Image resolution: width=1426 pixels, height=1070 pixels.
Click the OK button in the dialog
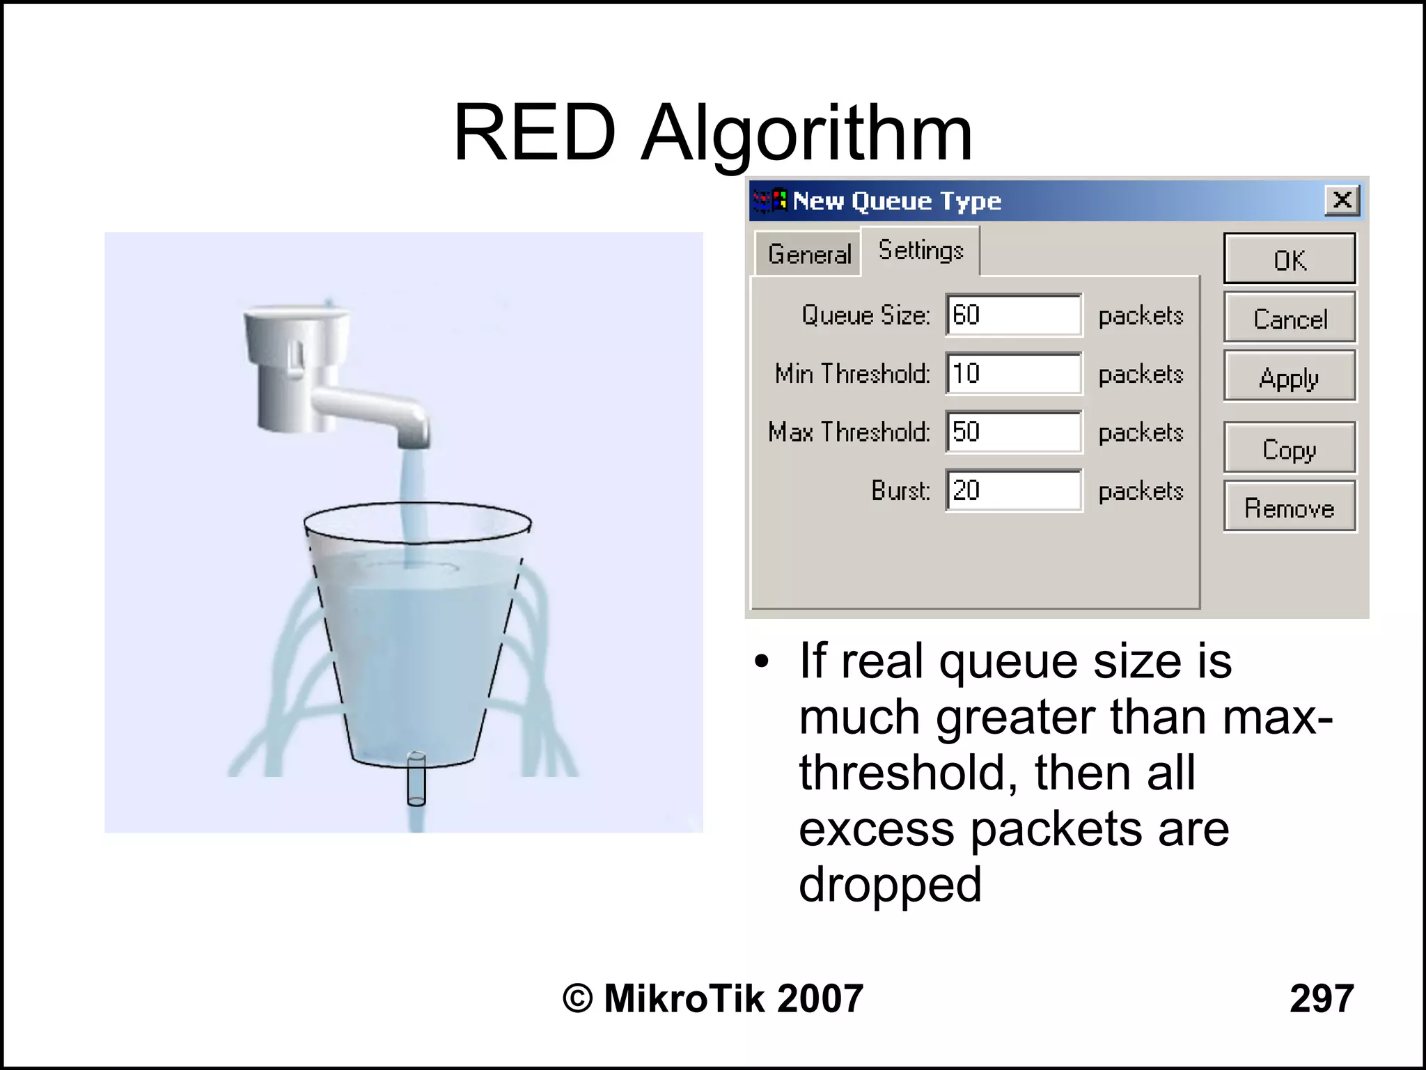coord(1289,260)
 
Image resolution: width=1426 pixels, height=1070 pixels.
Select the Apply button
coord(1289,377)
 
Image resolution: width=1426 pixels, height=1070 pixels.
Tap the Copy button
coord(1289,448)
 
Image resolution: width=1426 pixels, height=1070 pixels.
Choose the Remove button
coord(1289,508)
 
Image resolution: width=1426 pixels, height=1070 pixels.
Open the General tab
coord(809,254)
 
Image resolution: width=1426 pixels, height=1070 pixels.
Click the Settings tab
coord(920,250)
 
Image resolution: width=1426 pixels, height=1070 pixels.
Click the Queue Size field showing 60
coord(1013,315)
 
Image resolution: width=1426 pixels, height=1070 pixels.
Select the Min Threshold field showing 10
coord(1013,374)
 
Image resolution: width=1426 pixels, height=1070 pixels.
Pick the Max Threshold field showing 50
coord(1013,432)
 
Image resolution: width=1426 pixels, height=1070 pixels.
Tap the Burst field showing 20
coord(1013,491)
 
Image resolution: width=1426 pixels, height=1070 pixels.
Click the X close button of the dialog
coord(1342,200)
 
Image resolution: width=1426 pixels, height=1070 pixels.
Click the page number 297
coord(1321,998)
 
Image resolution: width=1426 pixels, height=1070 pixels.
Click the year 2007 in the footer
coord(820,998)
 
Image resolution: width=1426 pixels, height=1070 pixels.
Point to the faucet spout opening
coord(414,443)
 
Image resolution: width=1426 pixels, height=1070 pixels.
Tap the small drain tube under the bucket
coord(416,778)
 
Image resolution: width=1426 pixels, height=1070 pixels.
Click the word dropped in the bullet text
coord(890,885)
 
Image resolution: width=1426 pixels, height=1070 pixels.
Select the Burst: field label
coord(900,491)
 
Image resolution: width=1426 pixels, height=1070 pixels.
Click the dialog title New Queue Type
coord(897,201)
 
